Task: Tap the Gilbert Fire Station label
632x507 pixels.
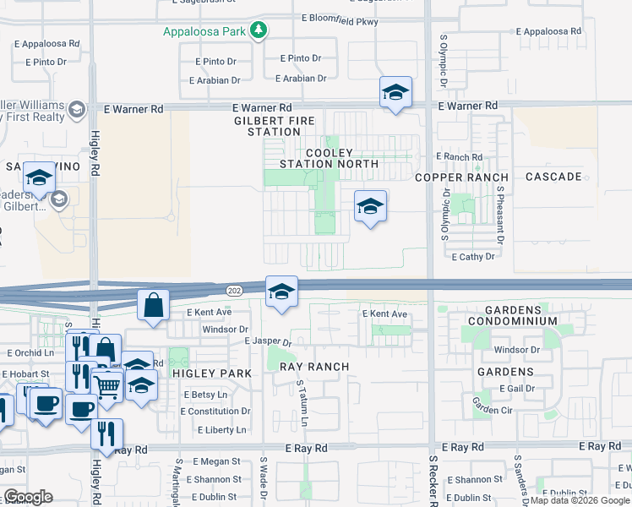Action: [x=255, y=127]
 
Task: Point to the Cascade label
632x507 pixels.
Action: [x=553, y=177]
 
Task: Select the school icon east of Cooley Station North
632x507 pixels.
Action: [x=369, y=206]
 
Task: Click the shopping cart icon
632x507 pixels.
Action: [x=107, y=385]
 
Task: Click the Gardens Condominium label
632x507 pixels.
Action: [x=509, y=314]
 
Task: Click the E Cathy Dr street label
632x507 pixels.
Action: [x=472, y=256]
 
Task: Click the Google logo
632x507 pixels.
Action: [x=29, y=496]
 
